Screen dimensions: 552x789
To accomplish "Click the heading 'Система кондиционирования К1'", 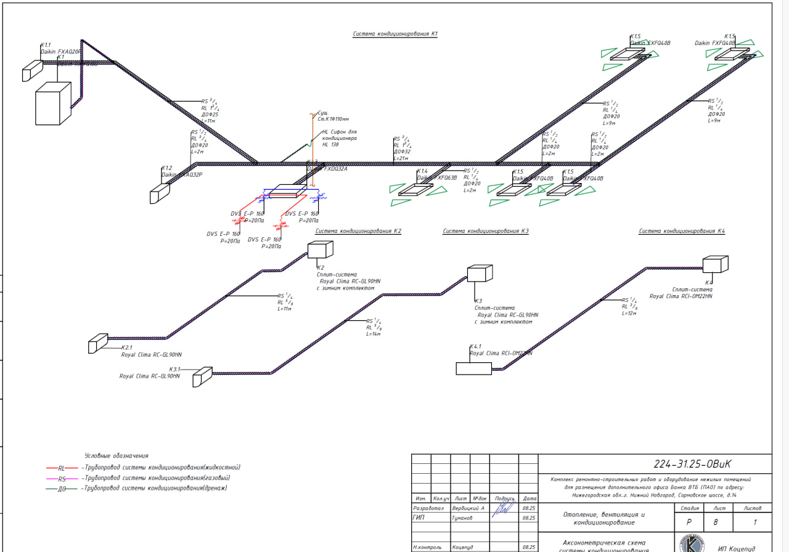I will coord(395,34).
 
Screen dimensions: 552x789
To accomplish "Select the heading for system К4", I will coord(681,231).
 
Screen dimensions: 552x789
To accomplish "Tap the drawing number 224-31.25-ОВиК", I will coord(696,464).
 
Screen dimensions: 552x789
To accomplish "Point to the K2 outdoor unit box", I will coord(319,250).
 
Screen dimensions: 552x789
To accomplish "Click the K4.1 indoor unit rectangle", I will coord(473,368).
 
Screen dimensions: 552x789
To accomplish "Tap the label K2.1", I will coord(126,347).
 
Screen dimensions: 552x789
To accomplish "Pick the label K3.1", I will coord(174,369).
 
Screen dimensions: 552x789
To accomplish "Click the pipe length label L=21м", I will coord(401,158).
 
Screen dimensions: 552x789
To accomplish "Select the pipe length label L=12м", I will coord(629,313).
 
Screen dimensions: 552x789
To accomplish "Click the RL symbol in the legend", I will coord(61,468).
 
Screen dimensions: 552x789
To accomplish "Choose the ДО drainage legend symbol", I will coord(61,489).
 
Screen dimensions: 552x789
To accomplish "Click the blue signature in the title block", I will coord(504,508).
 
